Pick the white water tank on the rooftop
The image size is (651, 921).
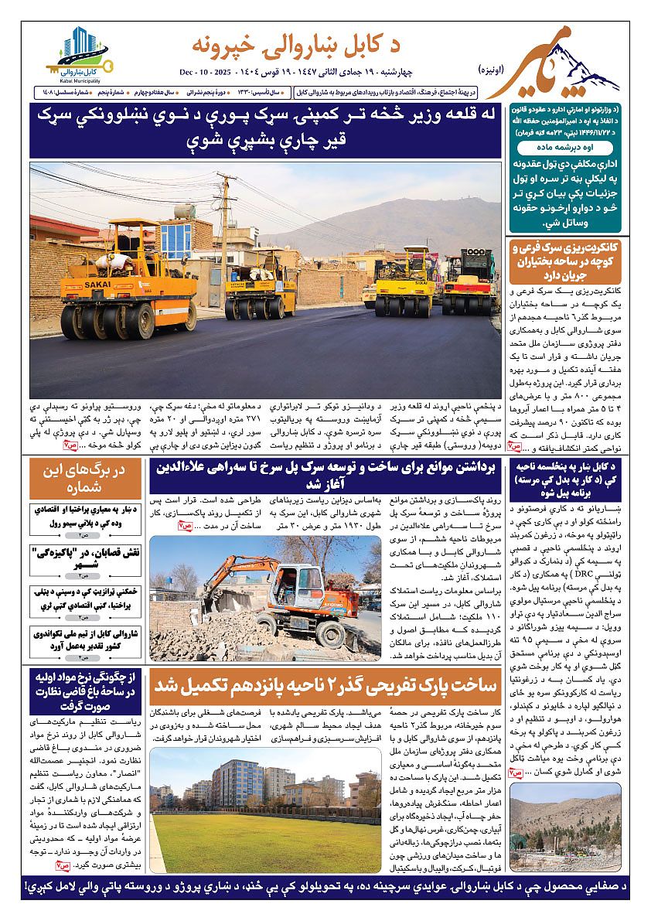(x=184, y=210)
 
